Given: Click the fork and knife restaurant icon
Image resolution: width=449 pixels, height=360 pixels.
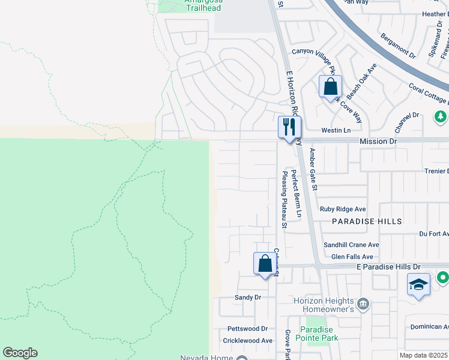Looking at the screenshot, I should (289, 127).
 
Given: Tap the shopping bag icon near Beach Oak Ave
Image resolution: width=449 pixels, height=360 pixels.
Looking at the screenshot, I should (330, 87).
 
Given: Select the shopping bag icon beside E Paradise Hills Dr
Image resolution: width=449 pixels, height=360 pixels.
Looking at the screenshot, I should (265, 264).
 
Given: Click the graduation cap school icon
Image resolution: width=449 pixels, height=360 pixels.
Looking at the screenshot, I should (418, 284).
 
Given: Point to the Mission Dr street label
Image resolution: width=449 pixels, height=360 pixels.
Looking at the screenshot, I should (378, 141).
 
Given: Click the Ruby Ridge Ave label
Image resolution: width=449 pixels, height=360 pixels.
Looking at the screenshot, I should (342, 209).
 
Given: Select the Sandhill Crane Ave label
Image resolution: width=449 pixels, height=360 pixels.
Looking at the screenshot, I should (351, 245).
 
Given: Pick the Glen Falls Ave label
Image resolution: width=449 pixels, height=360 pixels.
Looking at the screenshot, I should (355, 256).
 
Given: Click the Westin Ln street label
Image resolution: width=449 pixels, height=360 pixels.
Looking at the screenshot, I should (336, 130).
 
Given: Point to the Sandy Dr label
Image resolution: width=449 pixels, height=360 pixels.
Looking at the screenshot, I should (248, 297).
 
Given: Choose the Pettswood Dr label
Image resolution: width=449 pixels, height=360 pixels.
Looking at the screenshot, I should (247, 329).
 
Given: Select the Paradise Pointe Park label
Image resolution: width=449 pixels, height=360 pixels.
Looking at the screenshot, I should (319, 334).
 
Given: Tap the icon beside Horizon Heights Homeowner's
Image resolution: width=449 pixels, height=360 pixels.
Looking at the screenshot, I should (363, 304).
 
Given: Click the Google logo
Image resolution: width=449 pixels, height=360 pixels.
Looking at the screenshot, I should (20, 353).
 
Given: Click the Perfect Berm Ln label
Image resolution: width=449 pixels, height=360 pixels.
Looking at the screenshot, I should (295, 193).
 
